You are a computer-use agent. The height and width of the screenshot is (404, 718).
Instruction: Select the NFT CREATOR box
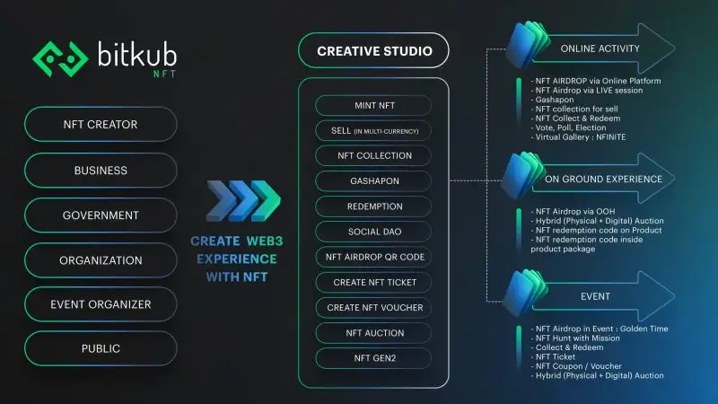point(101,125)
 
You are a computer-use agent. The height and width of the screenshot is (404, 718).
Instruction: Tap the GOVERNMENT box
point(101,215)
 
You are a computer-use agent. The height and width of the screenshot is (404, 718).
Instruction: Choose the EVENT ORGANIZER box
point(101,304)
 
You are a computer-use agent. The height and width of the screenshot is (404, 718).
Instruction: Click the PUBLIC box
point(101,349)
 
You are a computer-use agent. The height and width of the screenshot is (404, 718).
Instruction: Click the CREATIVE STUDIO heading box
point(373,51)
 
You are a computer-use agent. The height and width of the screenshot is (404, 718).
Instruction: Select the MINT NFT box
point(373,105)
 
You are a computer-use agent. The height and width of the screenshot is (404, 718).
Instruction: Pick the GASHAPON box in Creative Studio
point(373,180)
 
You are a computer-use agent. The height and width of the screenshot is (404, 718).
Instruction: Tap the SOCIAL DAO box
point(373,232)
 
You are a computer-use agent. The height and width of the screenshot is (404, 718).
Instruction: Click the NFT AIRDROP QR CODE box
point(373,257)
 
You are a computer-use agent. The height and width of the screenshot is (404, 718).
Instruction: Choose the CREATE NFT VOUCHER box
point(373,307)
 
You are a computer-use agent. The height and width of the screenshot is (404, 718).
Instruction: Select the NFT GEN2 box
point(373,358)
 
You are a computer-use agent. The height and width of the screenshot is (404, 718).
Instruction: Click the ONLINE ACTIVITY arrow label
point(599,48)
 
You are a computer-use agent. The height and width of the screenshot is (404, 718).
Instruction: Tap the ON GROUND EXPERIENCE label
point(603,179)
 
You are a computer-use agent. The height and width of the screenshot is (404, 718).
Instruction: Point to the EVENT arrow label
point(596,297)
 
